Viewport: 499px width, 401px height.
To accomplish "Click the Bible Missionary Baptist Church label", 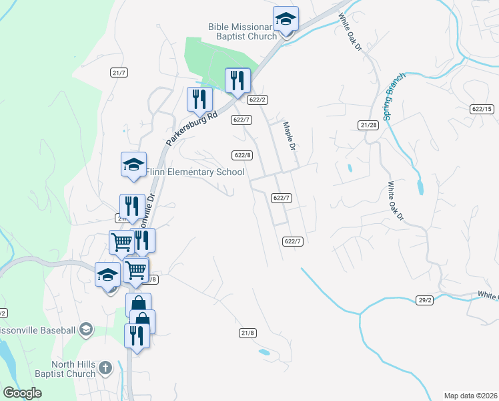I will [x=241, y=31].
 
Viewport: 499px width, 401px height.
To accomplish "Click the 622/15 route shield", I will [x=481, y=109].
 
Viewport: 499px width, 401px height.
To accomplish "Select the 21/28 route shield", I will [x=368, y=125].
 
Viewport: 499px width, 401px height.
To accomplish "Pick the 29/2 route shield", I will [x=425, y=300].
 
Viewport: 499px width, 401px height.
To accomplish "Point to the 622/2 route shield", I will [x=258, y=100].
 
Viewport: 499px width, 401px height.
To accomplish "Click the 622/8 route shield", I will [x=243, y=155].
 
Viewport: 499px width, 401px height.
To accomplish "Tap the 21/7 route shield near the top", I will [x=119, y=72].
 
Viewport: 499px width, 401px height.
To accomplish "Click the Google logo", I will [x=22, y=393].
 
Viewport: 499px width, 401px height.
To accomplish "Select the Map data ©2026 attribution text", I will [x=471, y=395].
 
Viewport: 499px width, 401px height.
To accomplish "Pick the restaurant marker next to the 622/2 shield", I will [x=237, y=81].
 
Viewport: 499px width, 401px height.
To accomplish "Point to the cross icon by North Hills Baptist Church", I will [x=105, y=367].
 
